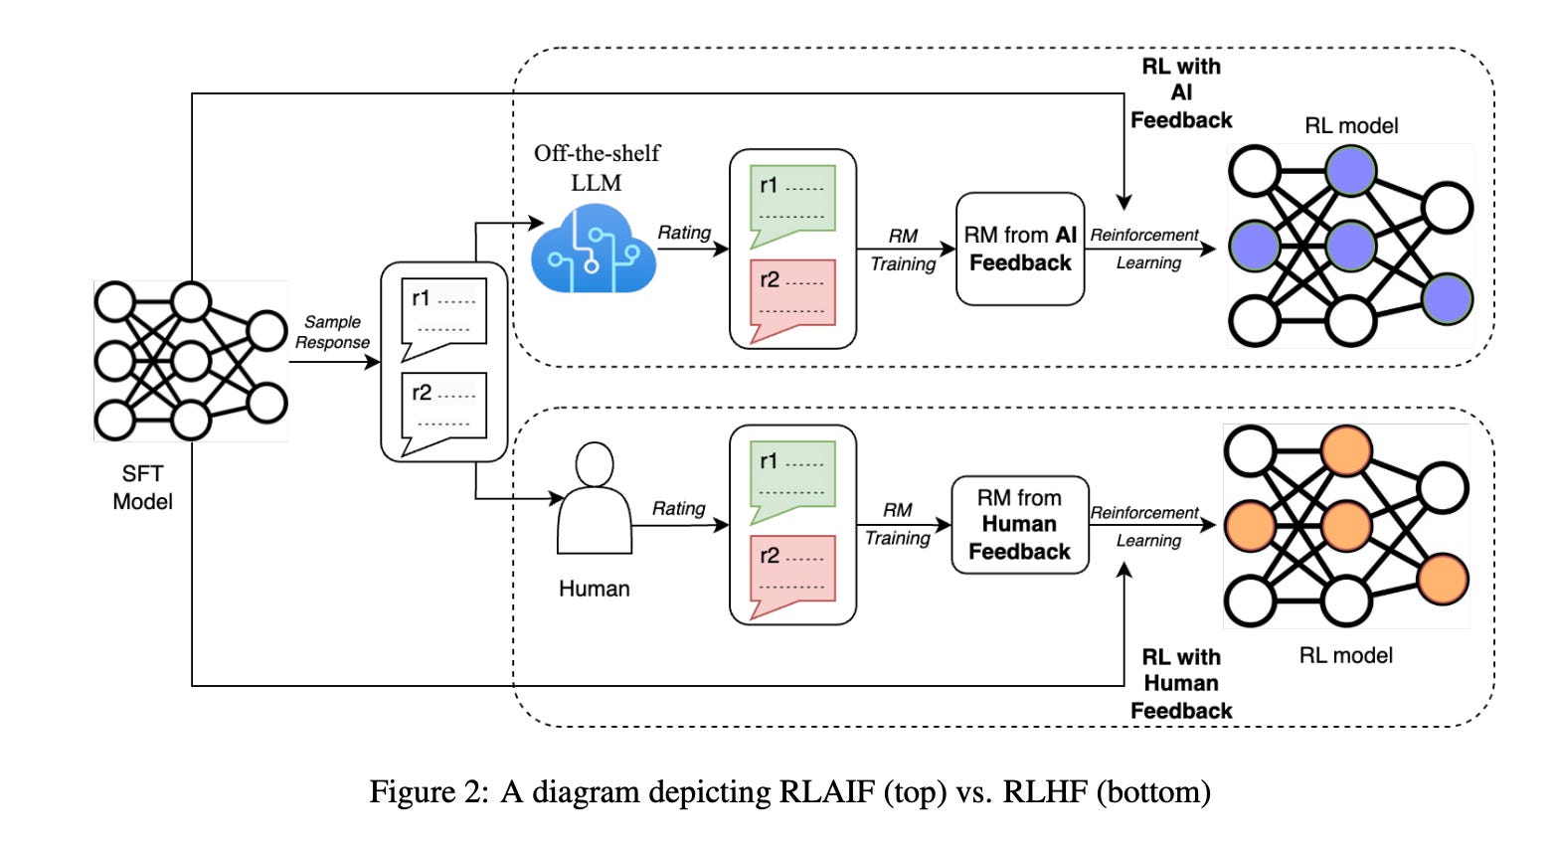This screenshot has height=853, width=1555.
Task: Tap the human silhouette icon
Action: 595,499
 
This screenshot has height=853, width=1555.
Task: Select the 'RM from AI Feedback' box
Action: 1020,249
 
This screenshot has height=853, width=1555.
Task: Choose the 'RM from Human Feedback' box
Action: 1020,525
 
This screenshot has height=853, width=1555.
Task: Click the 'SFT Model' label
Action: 142,487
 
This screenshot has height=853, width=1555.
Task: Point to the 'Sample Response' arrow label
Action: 332,332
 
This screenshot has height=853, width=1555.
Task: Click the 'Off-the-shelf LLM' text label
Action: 597,168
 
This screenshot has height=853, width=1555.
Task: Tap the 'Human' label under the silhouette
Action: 595,589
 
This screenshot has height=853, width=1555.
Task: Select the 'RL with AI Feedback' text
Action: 1181,93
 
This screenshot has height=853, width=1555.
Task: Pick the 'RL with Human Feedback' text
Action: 1181,684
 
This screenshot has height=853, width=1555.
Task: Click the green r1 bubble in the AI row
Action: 792,202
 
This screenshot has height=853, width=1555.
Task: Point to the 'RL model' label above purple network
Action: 1351,125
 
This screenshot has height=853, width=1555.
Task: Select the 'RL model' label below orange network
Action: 1346,655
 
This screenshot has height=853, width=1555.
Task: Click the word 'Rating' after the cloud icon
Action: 684,233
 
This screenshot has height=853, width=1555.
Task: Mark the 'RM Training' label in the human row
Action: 897,524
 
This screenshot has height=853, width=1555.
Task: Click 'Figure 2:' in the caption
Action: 429,792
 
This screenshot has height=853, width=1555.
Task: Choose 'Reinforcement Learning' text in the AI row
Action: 1146,249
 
